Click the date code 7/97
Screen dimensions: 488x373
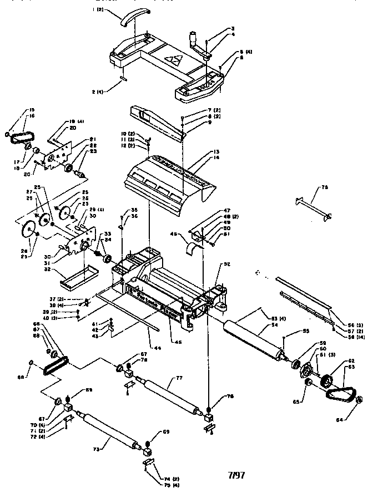[x=236, y=475]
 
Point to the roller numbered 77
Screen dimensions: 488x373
[x=168, y=395]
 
